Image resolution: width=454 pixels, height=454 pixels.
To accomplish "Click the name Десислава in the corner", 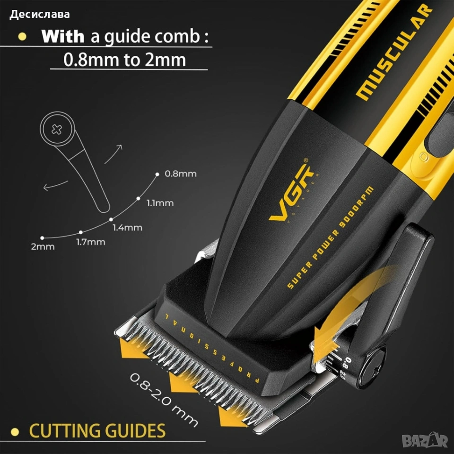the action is (x=39, y=15).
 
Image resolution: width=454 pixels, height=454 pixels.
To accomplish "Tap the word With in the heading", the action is (x=62, y=36).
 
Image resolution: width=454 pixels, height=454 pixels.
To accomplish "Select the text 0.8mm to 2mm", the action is (x=124, y=60).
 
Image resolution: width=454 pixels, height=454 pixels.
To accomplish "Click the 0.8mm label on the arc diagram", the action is (x=181, y=174).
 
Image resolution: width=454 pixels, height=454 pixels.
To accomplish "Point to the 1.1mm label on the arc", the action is (x=160, y=203).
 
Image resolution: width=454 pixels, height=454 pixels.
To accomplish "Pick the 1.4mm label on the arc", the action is (x=127, y=227).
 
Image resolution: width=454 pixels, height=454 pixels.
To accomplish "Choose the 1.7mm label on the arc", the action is (x=91, y=242).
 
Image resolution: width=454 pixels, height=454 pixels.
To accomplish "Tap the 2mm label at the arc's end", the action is (x=43, y=247).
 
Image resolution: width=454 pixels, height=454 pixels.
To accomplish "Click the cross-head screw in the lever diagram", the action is (x=57, y=129).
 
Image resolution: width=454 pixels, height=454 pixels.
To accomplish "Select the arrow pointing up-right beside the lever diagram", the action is (x=113, y=154).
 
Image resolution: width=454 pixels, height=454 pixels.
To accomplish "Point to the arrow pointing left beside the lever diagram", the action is (x=55, y=185).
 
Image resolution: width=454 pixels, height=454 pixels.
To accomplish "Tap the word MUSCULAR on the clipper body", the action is (x=394, y=52).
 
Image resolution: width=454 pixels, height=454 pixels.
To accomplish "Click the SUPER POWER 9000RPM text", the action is (x=330, y=237).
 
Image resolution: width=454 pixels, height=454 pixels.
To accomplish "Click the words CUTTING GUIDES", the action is (x=97, y=431).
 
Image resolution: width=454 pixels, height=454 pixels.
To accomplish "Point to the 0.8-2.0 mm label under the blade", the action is (x=164, y=400).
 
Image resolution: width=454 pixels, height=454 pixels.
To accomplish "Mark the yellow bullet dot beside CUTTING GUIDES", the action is (x=15, y=432).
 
